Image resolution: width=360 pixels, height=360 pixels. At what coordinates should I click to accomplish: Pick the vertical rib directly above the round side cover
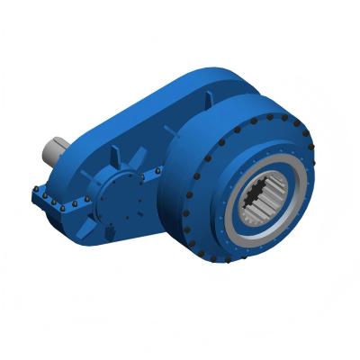coord(120,160)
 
